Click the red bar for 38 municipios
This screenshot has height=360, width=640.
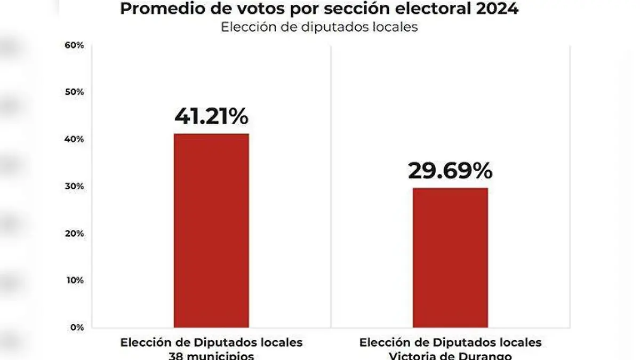click(211, 230)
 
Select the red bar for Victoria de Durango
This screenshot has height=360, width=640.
click(450, 258)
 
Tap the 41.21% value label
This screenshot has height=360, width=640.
click(211, 116)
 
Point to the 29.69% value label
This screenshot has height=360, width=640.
click(450, 171)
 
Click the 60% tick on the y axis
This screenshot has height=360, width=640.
click(75, 45)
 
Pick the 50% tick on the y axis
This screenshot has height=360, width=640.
click(75, 92)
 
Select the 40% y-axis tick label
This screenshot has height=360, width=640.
click(75, 139)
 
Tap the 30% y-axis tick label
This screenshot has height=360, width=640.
click(75, 186)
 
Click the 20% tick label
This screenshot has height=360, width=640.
click(75, 233)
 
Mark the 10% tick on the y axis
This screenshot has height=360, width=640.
click(75, 280)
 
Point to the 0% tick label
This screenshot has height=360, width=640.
click(77, 327)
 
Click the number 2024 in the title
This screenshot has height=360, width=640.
click(498, 9)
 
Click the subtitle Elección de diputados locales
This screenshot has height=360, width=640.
click(319, 27)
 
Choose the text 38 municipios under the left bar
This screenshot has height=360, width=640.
click(211, 355)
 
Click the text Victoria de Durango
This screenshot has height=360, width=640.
click(450, 355)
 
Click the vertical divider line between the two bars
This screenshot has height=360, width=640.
click(331, 187)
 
